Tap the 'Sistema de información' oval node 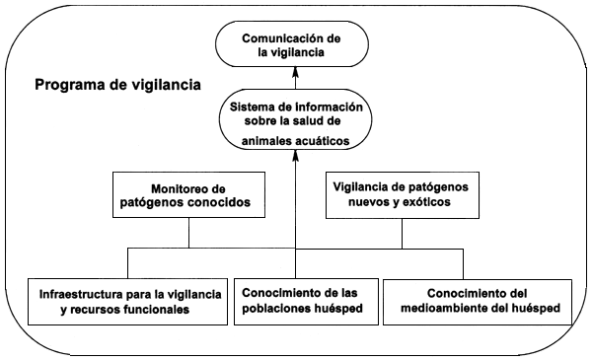click(297, 123)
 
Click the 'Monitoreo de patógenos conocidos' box click(188, 195)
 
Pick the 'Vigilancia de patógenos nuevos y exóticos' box click(403, 195)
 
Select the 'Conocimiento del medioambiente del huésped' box click(479, 301)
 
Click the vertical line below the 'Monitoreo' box click(188, 233)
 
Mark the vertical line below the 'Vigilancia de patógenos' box click(403, 233)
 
